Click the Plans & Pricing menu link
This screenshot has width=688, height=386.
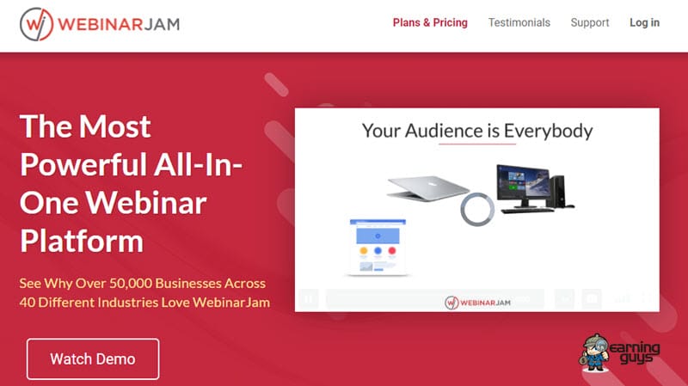(x=430, y=23)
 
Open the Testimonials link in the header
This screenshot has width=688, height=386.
(x=519, y=23)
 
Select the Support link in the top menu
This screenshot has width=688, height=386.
(x=590, y=23)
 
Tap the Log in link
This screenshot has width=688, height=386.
(x=644, y=23)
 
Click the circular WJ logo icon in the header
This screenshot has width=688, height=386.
(x=36, y=24)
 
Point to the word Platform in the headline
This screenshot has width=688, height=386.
(x=82, y=242)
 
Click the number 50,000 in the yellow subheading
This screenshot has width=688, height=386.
(x=131, y=284)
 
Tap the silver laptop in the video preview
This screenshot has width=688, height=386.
(x=427, y=187)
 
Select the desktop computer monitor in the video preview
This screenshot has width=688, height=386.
(x=522, y=185)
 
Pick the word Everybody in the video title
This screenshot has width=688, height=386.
(x=548, y=132)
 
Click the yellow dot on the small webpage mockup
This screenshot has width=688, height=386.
(x=364, y=251)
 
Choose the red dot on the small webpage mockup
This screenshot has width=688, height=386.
(x=392, y=251)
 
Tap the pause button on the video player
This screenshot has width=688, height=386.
(x=309, y=299)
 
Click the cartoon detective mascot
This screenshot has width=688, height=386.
(x=594, y=352)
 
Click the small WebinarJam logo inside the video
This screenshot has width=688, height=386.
(x=477, y=303)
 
